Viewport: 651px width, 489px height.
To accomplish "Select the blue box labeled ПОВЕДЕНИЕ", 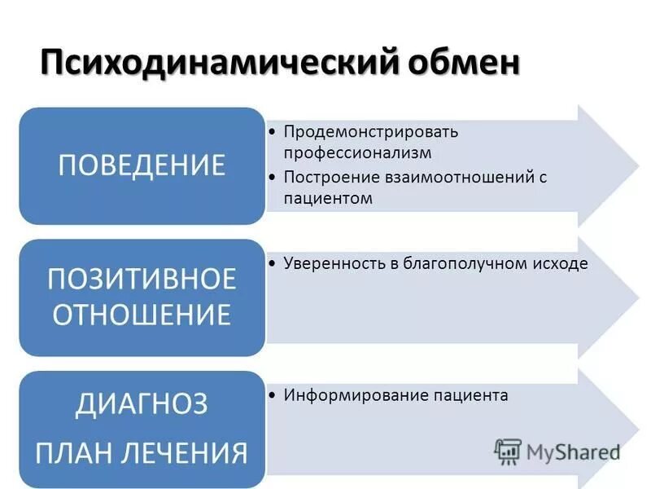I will tap(142, 165).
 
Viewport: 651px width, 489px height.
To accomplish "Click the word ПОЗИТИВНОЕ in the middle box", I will tap(142, 279).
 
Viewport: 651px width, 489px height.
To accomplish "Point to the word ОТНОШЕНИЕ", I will tap(142, 314).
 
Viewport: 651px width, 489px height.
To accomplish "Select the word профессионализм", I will tap(357, 153).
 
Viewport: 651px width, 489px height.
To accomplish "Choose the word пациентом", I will tap(328, 198).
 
